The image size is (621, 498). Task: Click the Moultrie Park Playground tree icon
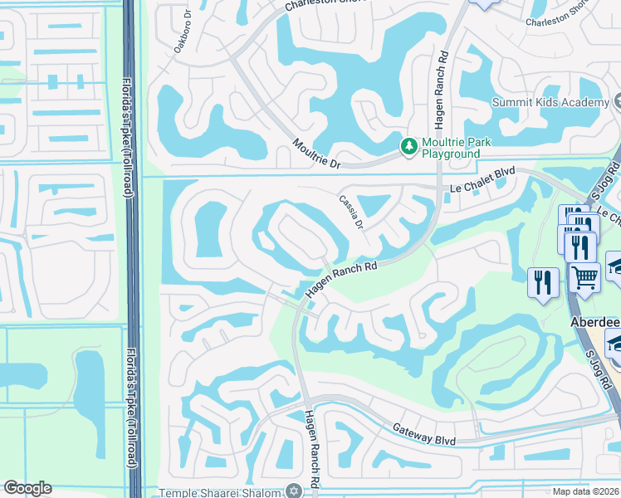[x=408, y=147]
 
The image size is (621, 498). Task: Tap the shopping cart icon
[x=585, y=277]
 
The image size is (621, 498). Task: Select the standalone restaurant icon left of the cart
[x=542, y=282]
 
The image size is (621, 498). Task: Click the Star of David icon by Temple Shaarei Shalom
[x=291, y=491]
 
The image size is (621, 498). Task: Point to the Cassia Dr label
[x=351, y=212]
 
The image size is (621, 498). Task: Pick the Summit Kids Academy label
[x=550, y=102]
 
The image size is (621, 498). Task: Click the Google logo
[x=27, y=488]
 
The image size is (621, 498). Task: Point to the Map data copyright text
[x=586, y=491]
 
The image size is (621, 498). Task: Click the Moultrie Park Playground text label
[x=456, y=148]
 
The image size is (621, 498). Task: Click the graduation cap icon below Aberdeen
[x=615, y=343]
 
